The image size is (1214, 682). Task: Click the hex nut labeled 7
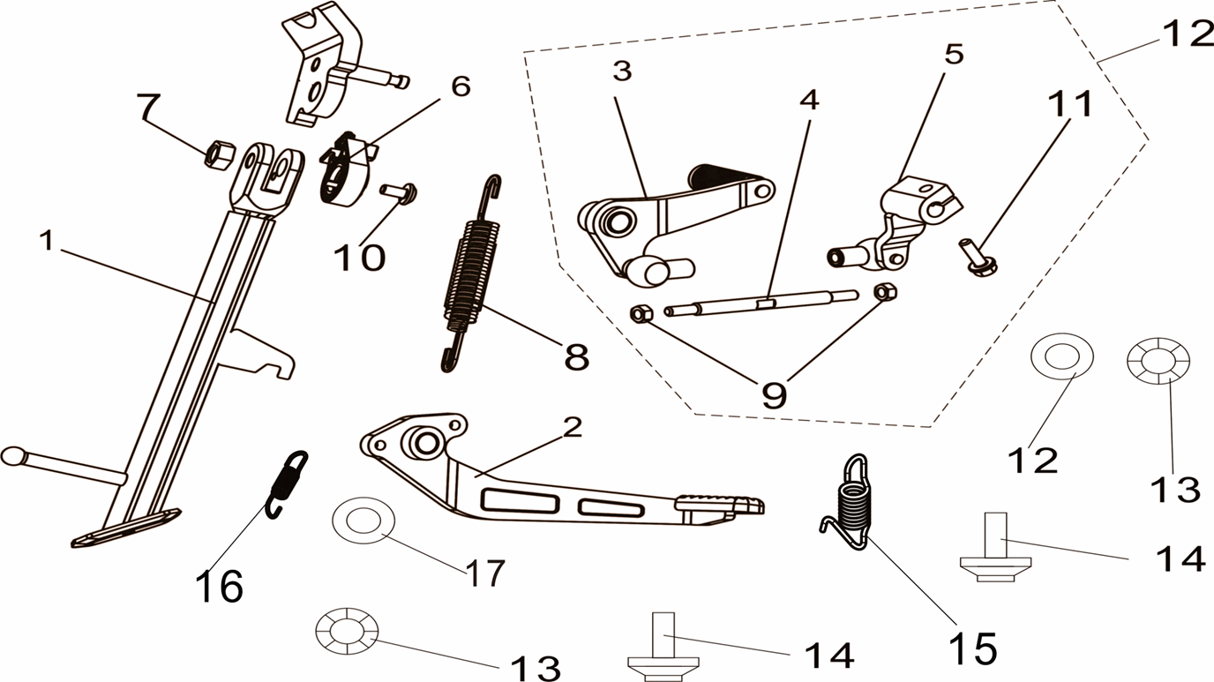[220, 154]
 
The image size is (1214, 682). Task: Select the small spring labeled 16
[288, 484]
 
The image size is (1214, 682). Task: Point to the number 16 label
[219, 586]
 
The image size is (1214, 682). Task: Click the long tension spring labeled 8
[471, 273]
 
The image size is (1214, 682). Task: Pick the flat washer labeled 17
[363, 521]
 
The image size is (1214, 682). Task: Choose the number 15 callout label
[973, 648]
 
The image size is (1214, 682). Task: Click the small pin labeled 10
[399, 193]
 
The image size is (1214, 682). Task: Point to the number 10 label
[359, 257]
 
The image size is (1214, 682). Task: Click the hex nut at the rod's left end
[641, 313]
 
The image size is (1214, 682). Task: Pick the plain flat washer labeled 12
[1061, 356]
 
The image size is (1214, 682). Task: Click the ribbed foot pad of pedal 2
[720, 504]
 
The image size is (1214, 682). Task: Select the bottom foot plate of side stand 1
[126, 528]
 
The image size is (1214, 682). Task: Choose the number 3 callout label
[623, 71]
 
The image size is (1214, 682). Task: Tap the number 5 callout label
[954, 54]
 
